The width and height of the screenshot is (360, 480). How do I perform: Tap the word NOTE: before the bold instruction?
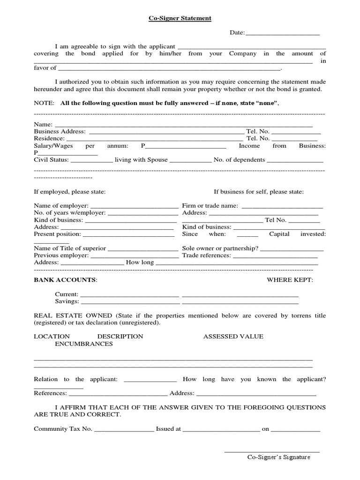[x=44, y=103]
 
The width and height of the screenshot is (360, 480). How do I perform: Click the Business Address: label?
[x=60, y=132]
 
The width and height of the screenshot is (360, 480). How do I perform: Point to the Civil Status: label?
[x=51, y=160]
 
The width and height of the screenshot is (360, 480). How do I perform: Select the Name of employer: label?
[x=61, y=206]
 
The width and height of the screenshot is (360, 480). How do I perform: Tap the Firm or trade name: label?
[x=210, y=206]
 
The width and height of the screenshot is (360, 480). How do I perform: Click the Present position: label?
[x=57, y=234]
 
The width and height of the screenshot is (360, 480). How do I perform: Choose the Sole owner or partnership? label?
[x=220, y=248]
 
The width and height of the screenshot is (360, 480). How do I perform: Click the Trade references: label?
[x=206, y=255]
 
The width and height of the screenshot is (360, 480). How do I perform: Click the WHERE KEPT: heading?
[x=290, y=280]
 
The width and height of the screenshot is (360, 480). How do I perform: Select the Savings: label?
[x=67, y=301]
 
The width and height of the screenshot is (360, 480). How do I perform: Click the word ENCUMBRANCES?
[x=83, y=344]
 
